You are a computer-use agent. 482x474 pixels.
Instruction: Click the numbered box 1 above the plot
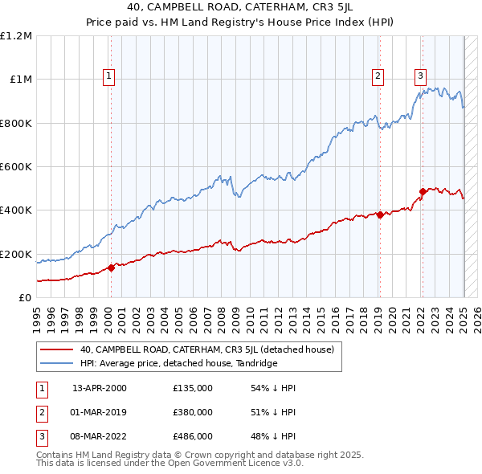108,77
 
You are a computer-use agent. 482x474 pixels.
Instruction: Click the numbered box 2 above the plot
378,77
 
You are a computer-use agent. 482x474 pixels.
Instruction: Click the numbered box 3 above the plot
420,77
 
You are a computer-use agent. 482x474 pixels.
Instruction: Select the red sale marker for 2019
379,215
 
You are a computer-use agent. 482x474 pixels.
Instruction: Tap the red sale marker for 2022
422,192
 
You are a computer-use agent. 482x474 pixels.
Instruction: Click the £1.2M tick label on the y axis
16,36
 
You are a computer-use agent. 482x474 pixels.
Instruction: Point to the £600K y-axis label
16,167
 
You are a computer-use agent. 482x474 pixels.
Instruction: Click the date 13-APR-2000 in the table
100,388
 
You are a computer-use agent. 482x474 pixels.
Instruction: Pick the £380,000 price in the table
193,412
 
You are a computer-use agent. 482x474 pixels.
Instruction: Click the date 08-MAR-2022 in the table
100,436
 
